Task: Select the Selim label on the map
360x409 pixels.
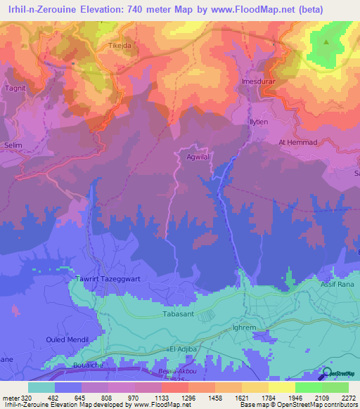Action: click(x=14, y=145)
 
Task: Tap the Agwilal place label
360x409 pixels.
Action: click(x=198, y=158)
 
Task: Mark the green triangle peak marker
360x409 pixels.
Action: click(x=326, y=41)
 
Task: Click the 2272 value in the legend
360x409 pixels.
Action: click(x=349, y=397)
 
